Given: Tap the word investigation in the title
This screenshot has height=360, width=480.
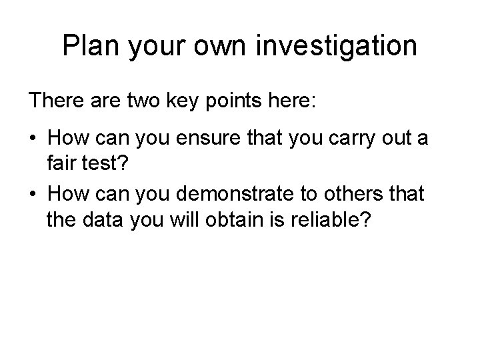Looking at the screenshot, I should click(337, 47).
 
